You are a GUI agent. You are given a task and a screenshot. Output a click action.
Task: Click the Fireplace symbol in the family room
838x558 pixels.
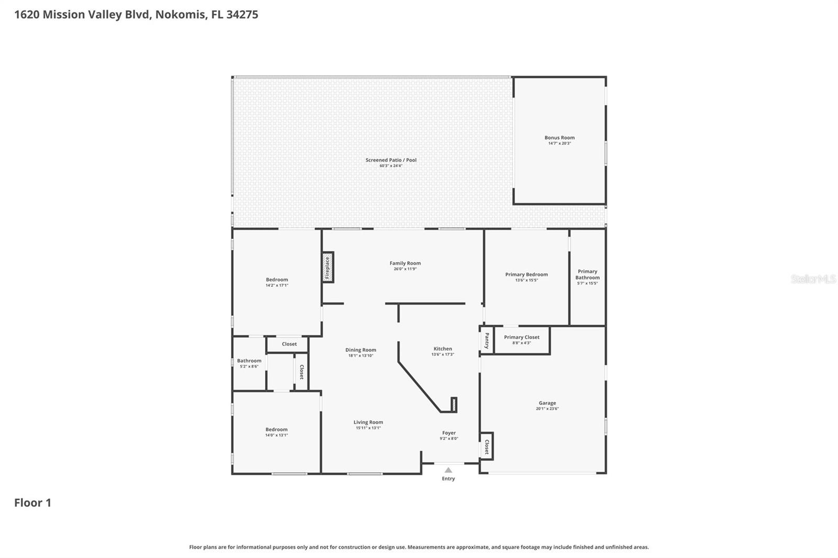click(x=328, y=267)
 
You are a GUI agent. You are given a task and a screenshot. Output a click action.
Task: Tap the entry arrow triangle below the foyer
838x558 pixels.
click(x=448, y=470)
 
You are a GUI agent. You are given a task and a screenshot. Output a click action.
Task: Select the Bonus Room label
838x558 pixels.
click(x=559, y=138)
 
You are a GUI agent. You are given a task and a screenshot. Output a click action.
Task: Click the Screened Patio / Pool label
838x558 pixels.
click(x=391, y=160)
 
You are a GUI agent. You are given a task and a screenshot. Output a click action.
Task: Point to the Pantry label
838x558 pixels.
click(x=487, y=340)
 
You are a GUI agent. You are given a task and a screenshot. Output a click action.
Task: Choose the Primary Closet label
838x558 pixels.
click(x=522, y=337)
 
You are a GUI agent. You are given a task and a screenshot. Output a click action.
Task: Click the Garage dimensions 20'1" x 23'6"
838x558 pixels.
click(x=547, y=409)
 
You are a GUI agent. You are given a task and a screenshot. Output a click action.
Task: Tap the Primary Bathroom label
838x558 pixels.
click(x=587, y=274)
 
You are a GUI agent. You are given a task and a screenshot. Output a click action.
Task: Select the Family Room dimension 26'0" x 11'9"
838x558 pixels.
click(x=405, y=269)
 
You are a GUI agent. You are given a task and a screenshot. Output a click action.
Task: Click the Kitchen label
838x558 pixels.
click(x=443, y=349)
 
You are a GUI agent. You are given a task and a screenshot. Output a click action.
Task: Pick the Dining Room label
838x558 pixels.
click(x=360, y=350)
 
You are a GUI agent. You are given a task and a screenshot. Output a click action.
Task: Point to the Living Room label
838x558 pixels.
click(x=368, y=422)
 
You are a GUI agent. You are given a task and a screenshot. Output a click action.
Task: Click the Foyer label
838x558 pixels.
click(x=449, y=433)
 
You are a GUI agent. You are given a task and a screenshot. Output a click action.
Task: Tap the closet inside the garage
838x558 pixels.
click(x=487, y=446)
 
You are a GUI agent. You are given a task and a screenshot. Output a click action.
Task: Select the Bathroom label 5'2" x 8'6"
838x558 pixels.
click(x=249, y=361)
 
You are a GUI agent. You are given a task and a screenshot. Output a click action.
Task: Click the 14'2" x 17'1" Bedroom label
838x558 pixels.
click(x=277, y=280)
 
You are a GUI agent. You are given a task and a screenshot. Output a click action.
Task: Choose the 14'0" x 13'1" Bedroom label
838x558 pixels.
click(x=276, y=429)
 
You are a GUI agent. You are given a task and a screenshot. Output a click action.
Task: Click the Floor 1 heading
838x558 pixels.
click(x=32, y=503)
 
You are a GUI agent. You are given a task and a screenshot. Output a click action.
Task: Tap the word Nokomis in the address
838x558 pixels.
click(x=180, y=15)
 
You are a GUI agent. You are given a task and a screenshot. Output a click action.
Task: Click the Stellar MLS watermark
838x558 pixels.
click(x=813, y=279)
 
